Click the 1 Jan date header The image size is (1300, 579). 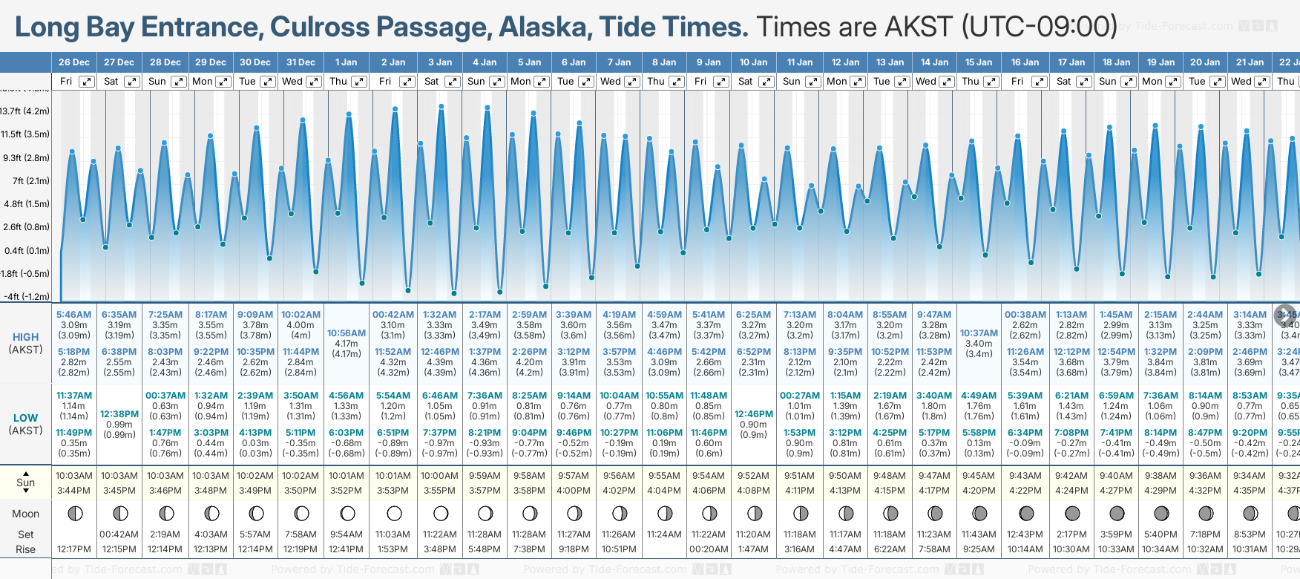tap(346, 62)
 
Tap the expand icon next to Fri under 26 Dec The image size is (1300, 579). tap(87, 82)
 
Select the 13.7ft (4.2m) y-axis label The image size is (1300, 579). tap(25, 111)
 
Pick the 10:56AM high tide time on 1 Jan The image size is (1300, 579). tap(346, 333)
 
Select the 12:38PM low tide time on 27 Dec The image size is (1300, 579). tap(119, 414)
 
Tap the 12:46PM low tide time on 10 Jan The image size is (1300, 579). tap(754, 414)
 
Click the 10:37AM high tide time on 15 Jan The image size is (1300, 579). tap(979, 333)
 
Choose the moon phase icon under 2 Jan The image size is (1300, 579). tap(394, 513)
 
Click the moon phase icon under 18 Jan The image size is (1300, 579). tap(1117, 513)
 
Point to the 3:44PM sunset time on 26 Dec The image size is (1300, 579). tap(74, 491)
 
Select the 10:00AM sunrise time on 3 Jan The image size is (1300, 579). tap(439, 476)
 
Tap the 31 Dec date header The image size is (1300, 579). tap(301, 62)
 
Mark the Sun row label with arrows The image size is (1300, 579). tap(25, 482)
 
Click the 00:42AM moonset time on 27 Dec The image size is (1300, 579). tap(119, 534)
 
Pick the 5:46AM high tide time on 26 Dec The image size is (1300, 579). tap(74, 315)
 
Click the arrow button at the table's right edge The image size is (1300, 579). tap(1285, 315)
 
